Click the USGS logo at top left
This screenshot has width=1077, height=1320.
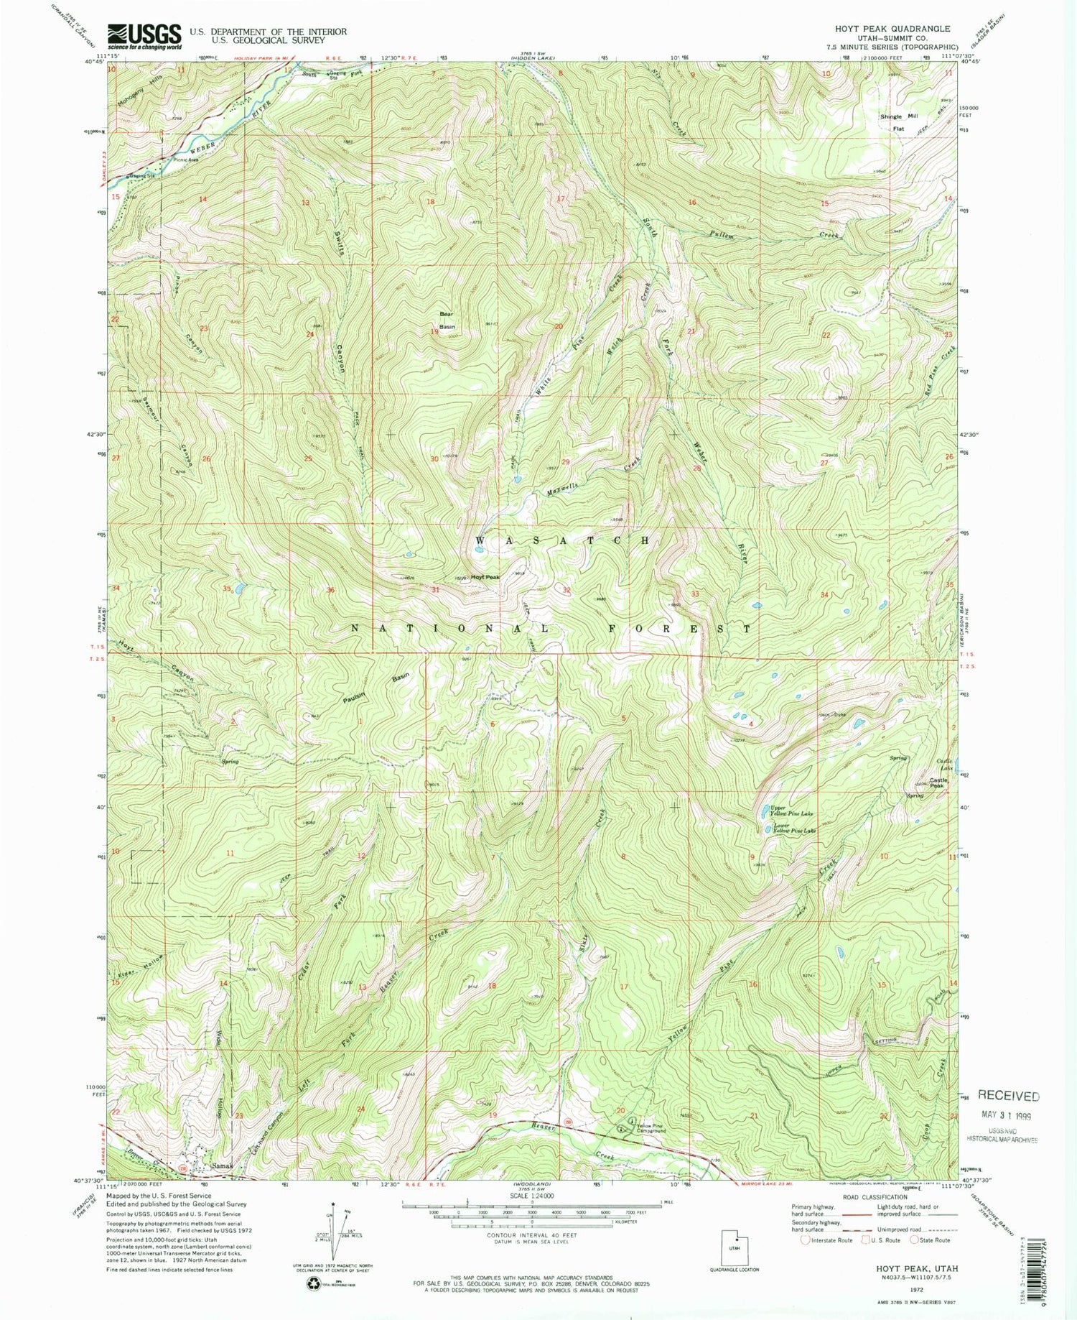[144, 35]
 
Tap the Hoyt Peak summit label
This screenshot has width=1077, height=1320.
[486, 577]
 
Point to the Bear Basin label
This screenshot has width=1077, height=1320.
[447, 320]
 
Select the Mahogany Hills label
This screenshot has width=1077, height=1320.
[140, 90]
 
